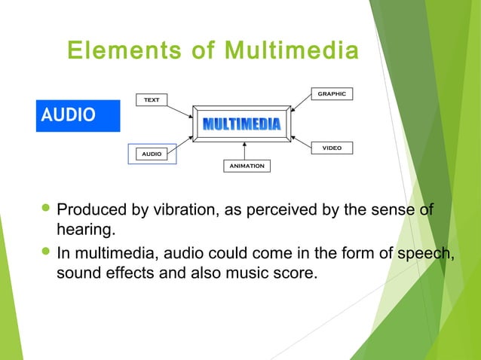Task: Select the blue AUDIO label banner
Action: [78, 115]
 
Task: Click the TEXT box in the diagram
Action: [152, 100]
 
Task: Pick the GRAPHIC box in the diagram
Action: [331, 94]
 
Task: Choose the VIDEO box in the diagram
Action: [331, 148]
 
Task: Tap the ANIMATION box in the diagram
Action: [247, 166]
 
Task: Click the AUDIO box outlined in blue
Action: [152, 154]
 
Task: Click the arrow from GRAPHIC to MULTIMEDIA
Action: [302, 105]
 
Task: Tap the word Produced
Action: [90, 209]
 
